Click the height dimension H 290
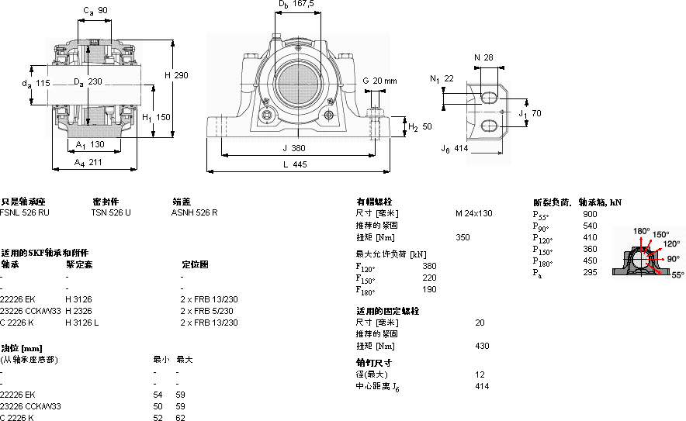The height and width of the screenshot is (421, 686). point(176,75)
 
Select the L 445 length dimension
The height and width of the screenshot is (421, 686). point(294,164)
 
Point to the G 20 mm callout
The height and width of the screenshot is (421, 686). point(379,81)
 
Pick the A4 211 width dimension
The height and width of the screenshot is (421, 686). point(88,162)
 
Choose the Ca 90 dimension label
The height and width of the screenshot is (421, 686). point(95,10)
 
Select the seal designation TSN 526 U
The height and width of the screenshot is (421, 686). point(111,212)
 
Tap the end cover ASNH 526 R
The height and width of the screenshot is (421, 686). point(194,212)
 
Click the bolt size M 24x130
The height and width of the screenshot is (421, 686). point(473,213)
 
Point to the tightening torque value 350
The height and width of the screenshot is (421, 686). point(463,238)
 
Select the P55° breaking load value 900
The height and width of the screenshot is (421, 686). point(590,214)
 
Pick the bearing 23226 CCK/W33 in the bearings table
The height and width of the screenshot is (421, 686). point(30,310)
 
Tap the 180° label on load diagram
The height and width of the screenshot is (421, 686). point(641,231)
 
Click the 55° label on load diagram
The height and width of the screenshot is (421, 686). point(677,274)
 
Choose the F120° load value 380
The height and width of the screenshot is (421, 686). point(429,266)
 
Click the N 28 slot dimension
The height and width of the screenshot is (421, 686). point(483,57)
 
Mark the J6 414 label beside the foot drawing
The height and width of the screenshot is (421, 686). point(454,148)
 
